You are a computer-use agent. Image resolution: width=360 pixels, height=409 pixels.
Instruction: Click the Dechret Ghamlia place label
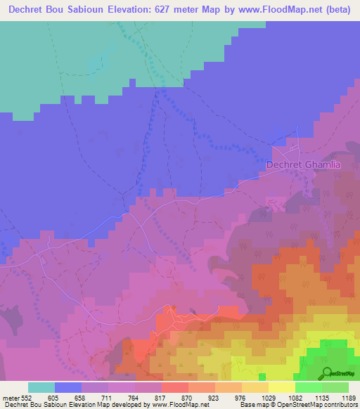pyautogui.click(x=303, y=164)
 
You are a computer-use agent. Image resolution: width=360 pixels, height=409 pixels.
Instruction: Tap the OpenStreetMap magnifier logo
pyautogui.click(x=327, y=373)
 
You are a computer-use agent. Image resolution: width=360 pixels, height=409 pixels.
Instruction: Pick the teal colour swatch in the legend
pyautogui.click(x=41, y=387)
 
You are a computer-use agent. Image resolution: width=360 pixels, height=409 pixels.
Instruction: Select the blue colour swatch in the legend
pyautogui.click(x=68, y=387)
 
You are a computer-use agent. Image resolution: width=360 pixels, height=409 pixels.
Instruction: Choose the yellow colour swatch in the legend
pyautogui.click(x=281, y=387)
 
